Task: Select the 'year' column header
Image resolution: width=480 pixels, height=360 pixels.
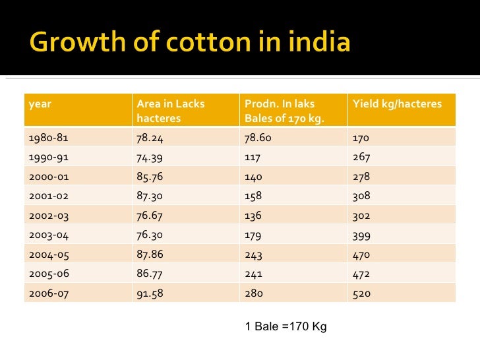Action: point(40,104)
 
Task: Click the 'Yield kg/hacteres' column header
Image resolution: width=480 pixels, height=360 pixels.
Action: point(398,104)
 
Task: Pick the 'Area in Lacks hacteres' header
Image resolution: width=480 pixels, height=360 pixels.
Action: point(170,111)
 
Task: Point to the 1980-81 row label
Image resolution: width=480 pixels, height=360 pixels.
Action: point(49,138)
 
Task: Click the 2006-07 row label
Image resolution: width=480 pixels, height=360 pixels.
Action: point(49,293)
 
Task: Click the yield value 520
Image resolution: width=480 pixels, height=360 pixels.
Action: point(361,293)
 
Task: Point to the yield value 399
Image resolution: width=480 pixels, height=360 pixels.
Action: point(361,235)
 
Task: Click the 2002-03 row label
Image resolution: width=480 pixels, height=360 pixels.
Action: point(49,216)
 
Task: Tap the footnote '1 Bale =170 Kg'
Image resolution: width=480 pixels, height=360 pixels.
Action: point(285,327)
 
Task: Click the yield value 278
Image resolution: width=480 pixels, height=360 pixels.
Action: point(361,177)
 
